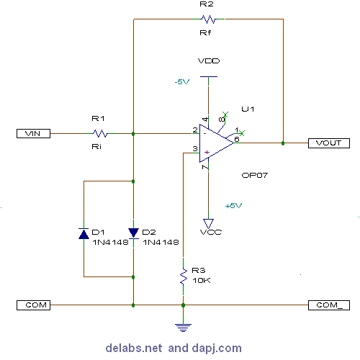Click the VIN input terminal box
click(34, 133)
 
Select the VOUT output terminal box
click(328, 143)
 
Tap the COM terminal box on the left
click(34, 305)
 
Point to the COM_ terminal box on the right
click(328, 305)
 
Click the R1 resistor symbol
click(100, 133)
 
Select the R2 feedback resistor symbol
click(208, 19)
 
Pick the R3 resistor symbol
click(184, 275)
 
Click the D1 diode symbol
click(84, 233)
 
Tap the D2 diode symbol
click(133, 233)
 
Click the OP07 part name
click(255, 175)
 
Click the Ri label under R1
click(97, 146)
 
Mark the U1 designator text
click(248, 109)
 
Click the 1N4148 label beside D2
click(160, 243)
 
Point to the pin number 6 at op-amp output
click(237, 138)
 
